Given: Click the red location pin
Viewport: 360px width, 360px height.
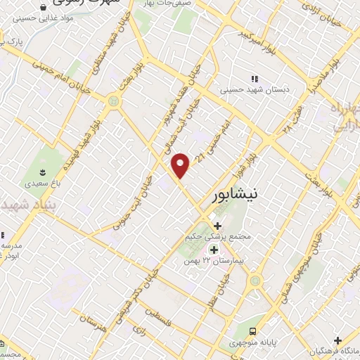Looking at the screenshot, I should click(x=181, y=165).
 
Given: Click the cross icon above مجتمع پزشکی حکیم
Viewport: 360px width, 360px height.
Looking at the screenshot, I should click(x=217, y=226).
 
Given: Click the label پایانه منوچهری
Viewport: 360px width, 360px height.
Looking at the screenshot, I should click(x=255, y=344).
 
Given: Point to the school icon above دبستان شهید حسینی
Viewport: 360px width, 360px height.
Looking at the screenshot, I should click(x=254, y=78).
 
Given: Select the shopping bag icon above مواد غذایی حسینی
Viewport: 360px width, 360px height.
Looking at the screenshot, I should click(x=44, y=7).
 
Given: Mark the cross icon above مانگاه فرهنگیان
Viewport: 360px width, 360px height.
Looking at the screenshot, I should click(x=338, y=340).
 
